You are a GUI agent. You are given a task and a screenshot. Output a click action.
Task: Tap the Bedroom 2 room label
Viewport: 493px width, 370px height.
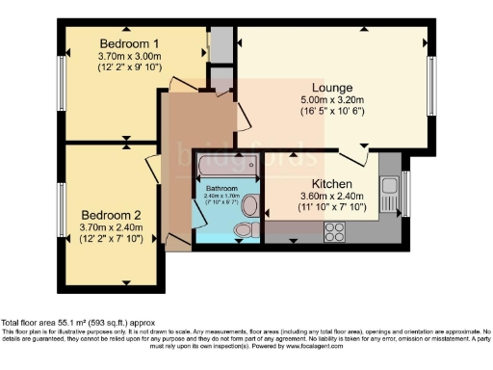click(111, 214)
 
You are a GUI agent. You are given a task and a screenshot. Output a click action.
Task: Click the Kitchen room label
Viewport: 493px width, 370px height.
click(330, 184)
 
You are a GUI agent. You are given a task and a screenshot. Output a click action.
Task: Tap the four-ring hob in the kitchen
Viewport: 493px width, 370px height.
click(336, 230)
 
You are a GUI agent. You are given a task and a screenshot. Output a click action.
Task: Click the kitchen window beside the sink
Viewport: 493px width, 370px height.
click(405, 192)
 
